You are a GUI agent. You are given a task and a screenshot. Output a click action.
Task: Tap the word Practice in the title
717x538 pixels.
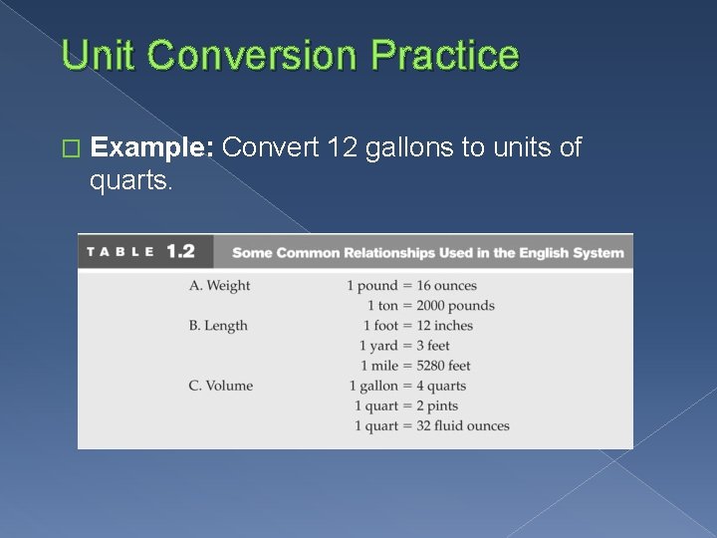click(x=444, y=55)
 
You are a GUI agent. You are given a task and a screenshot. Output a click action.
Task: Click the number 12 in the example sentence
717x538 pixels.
click(x=341, y=148)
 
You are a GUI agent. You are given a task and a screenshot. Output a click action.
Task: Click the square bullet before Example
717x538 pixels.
click(x=69, y=149)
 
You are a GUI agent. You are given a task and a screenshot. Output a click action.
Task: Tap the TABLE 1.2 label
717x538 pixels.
click(x=140, y=252)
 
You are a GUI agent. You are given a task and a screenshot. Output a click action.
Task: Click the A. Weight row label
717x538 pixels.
click(x=219, y=286)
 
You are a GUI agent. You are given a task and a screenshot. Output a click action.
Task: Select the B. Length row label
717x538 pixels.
click(x=218, y=326)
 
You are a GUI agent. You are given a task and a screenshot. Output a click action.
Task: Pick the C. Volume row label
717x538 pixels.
click(x=220, y=386)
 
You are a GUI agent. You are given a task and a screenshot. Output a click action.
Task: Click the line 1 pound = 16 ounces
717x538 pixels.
click(x=412, y=286)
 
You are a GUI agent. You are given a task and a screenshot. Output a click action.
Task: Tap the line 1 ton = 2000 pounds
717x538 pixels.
click(x=430, y=306)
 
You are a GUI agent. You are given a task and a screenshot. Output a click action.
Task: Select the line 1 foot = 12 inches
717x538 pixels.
click(x=417, y=326)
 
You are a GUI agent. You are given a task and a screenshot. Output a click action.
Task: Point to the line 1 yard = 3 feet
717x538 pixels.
click(x=404, y=346)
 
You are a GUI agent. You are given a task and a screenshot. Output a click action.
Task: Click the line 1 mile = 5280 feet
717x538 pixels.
click(x=415, y=366)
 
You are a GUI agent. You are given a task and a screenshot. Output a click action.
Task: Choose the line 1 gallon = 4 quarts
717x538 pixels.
click(x=407, y=386)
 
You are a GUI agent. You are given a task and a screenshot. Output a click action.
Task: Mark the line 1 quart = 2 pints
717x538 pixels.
click(x=405, y=405)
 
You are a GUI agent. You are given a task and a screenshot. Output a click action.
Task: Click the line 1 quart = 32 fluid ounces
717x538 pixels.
click(x=431, y=425)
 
